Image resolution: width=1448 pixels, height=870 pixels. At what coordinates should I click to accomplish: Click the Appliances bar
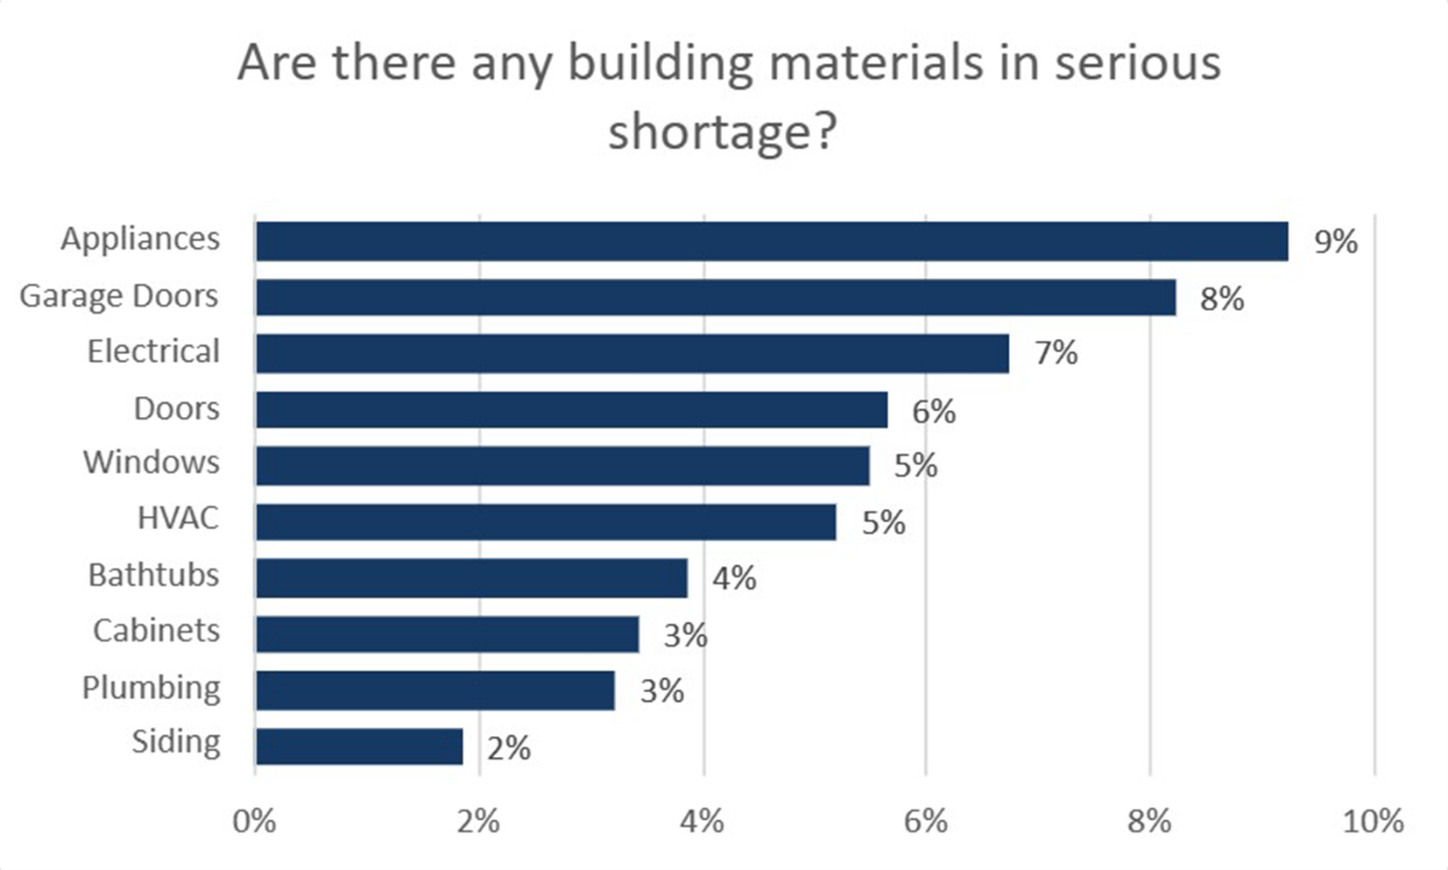coord(771,241)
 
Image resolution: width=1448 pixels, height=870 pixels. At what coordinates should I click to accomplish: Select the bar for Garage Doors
coord(716,297)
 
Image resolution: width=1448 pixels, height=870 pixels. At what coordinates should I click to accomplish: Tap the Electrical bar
coord(632,353)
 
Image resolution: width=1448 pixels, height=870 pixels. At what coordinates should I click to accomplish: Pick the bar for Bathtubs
coord(471,578)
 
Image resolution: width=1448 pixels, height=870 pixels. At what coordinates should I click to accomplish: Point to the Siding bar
coord(359,746)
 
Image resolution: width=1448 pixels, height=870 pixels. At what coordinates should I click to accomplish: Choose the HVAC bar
coord(546,522)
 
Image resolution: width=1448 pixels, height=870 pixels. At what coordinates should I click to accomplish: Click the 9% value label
coord(1335,242)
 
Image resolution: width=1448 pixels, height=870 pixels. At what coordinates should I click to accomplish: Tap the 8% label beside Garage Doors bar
coord(1222,299)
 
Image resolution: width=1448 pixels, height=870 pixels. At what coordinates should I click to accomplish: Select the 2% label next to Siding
coord(509,748)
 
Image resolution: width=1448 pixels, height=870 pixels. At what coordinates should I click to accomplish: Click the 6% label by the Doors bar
coord(934,411)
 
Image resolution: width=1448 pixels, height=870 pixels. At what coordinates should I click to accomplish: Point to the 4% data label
coord(734,578)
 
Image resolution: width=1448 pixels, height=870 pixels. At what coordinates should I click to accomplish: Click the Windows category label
coord(152,463)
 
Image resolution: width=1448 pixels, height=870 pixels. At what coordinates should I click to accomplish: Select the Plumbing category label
coord(152,688)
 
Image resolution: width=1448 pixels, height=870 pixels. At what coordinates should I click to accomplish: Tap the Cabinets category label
coord(156,631)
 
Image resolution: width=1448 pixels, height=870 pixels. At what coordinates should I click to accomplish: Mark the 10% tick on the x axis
coord(1373,822)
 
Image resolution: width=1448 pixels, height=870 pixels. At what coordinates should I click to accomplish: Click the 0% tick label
coord(255,822)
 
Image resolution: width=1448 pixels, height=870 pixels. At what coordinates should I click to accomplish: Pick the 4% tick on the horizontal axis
coord(703,822)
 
